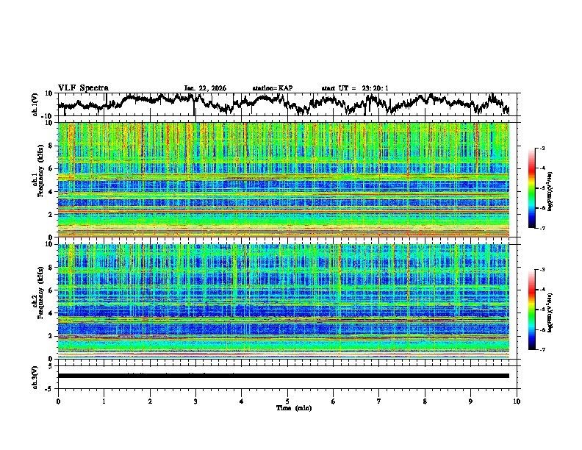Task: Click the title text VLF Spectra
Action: tap(83, 87)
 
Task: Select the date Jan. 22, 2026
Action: tap(205, 88)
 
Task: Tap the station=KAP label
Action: tap(272, 88)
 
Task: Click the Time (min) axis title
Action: tap(287, 407)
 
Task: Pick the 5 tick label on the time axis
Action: tap(287, 401)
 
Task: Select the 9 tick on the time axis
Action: tap(471, 401)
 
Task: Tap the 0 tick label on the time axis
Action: tap(58, 401)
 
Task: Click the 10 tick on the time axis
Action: tap(517, 401)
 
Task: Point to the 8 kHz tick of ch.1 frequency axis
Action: tap(50, 146)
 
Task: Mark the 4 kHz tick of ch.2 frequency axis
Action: tap(50, 313)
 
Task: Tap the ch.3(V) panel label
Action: tap(35, 376)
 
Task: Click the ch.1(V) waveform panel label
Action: tap(35, 104)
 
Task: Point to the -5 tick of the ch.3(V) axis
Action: tap(49, 387)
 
